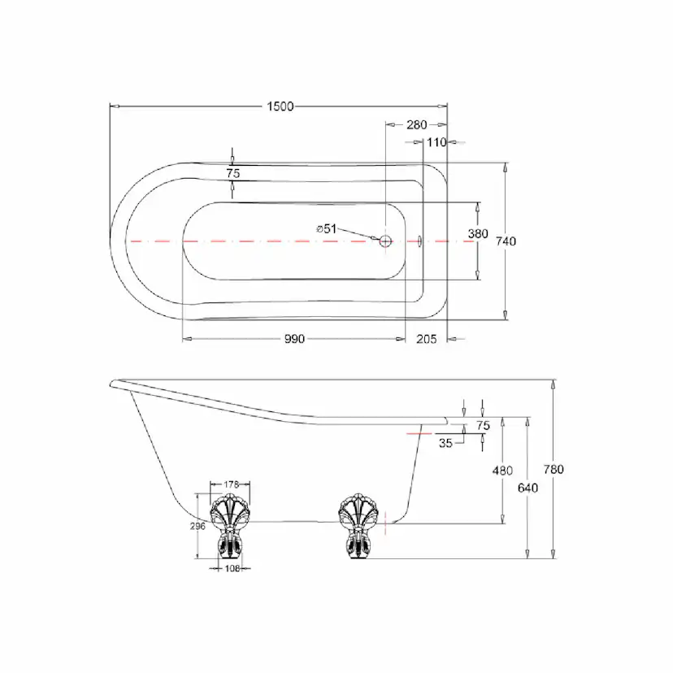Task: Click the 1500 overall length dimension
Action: [x=280, y=106]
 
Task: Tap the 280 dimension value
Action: [x=417, y=125]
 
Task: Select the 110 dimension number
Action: [x=437, y=142]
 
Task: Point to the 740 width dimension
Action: [x=506, y=241]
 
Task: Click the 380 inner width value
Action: [x=478, y=234]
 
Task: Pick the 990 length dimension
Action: [x=294, y=339]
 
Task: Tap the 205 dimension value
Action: [x=426, y=339]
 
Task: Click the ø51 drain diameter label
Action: [x=326, y=229]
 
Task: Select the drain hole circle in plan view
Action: [x=385, y=241]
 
